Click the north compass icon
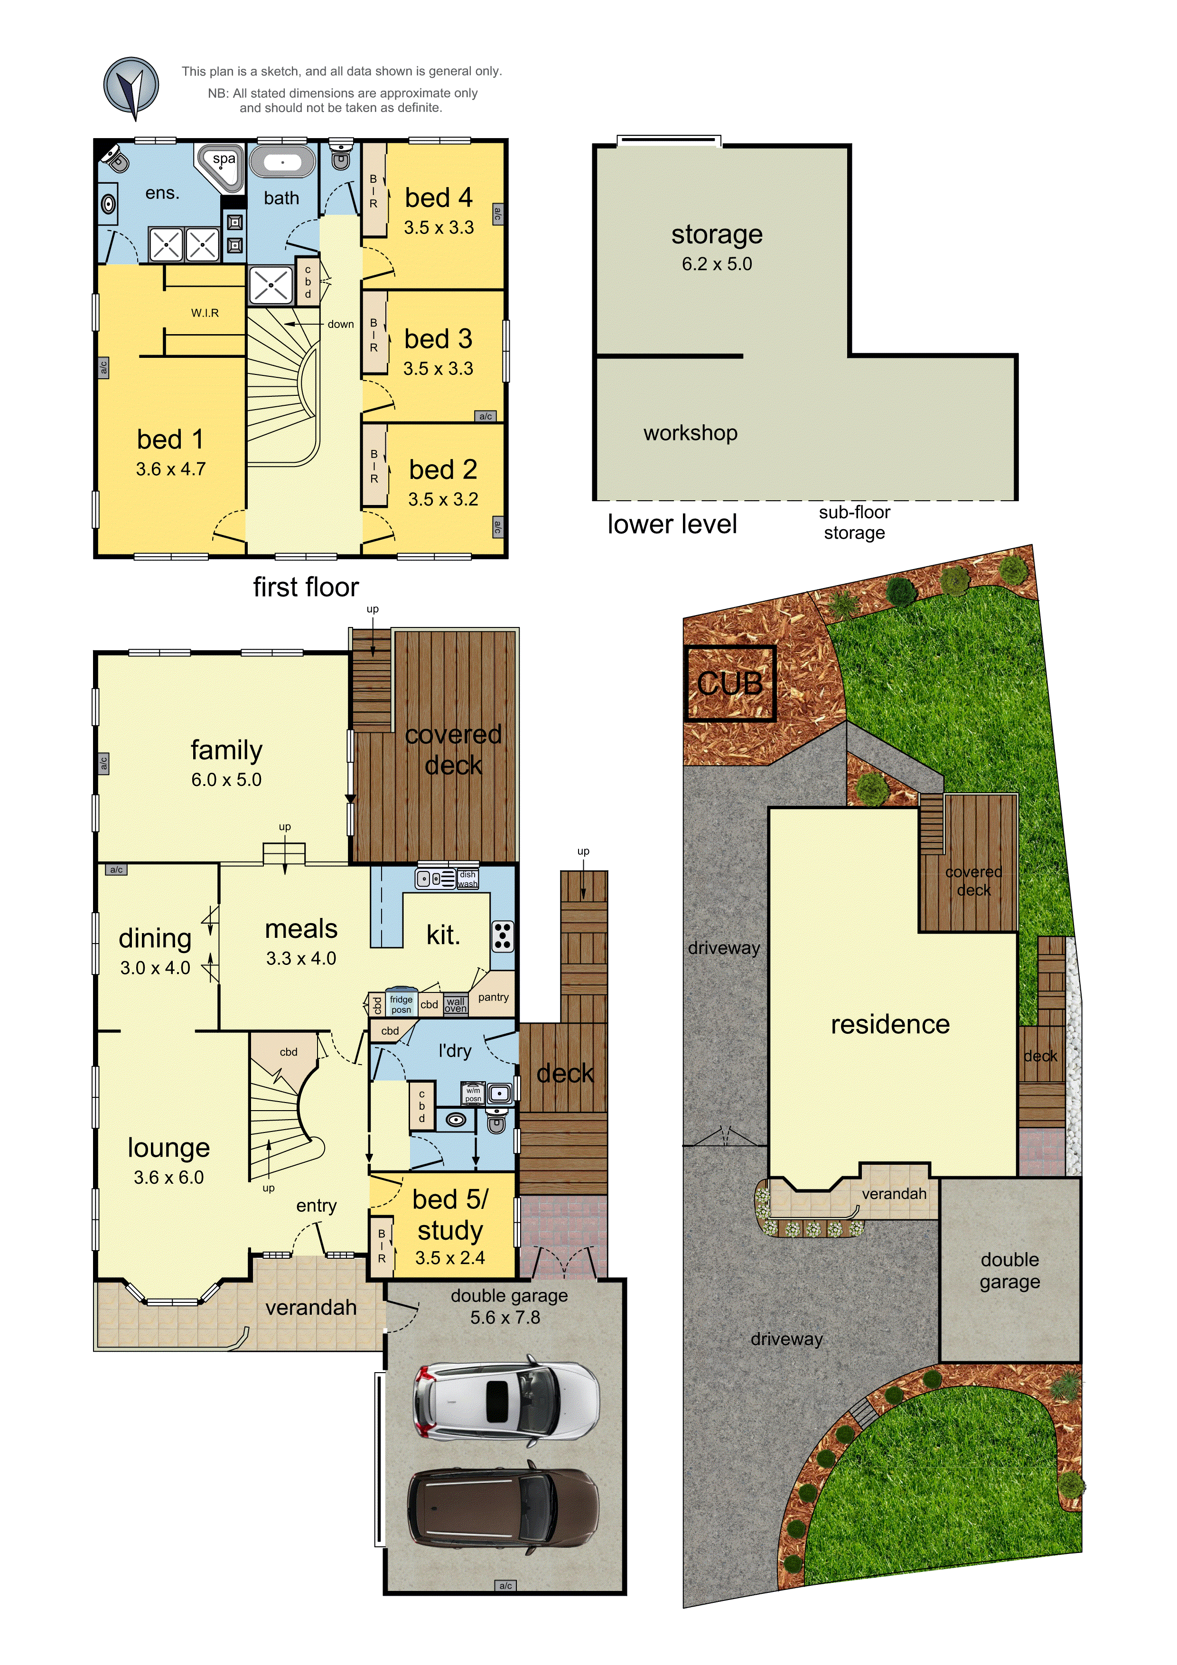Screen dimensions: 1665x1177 click(131, 88)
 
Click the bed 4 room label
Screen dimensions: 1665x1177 click(438, 197)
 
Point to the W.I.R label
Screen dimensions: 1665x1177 click(205, 313)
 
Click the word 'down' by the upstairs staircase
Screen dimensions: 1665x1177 click(340, 324)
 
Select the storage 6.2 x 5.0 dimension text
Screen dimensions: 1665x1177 click(717, 264)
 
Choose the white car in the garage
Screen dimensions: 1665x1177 click(505, 1400)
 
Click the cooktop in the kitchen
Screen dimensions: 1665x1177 click(503, 936)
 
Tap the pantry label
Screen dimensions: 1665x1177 click(493, 997)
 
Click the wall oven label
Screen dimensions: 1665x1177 click(456, 1004)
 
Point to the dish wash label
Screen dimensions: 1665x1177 click(468, 879)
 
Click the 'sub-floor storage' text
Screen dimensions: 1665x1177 click(854, 522)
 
